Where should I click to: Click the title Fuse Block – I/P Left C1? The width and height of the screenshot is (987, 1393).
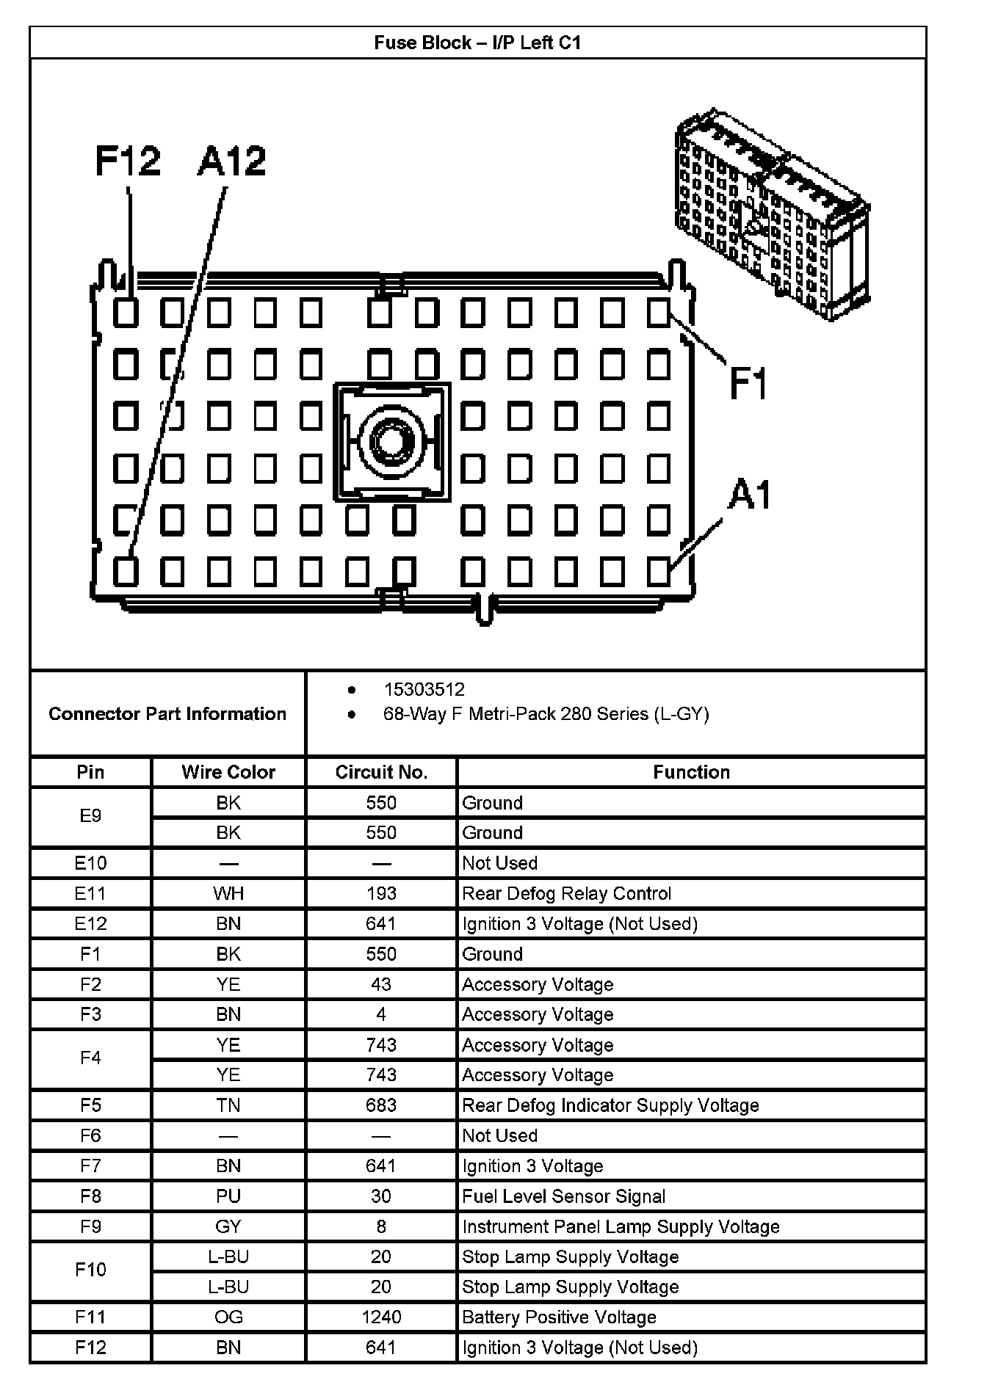coord(477,43)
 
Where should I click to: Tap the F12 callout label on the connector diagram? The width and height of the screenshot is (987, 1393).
coord(128,161)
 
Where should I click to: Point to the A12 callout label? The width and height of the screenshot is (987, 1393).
coord(231,161)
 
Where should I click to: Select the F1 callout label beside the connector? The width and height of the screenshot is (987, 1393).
coord(748,383)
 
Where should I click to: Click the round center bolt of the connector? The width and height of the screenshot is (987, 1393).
coord(391,443)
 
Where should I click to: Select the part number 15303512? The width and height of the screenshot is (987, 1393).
coord(424,689)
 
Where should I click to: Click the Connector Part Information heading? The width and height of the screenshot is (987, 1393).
coord(167,713)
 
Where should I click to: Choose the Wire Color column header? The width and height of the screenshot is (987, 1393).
coord(228,772)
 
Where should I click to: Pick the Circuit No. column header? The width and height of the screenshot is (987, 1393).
coord(381,772)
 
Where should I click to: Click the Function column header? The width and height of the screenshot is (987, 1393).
coord(691,772)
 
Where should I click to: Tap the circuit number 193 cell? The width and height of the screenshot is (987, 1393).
coord(381,893)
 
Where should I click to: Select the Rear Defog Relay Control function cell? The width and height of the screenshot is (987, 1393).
coord(566,893)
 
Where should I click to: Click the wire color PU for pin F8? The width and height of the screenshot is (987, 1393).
coord(228,1196)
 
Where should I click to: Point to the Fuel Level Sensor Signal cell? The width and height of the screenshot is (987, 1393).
coord(563,1196)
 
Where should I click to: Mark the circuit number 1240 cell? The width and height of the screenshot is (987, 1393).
coord(381,1317)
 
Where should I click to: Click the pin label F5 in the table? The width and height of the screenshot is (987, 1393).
coord(90,1105)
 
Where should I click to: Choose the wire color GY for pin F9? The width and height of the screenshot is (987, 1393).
coord(228,1226)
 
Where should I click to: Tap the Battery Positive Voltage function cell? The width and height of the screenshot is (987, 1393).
coord(559,1317)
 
